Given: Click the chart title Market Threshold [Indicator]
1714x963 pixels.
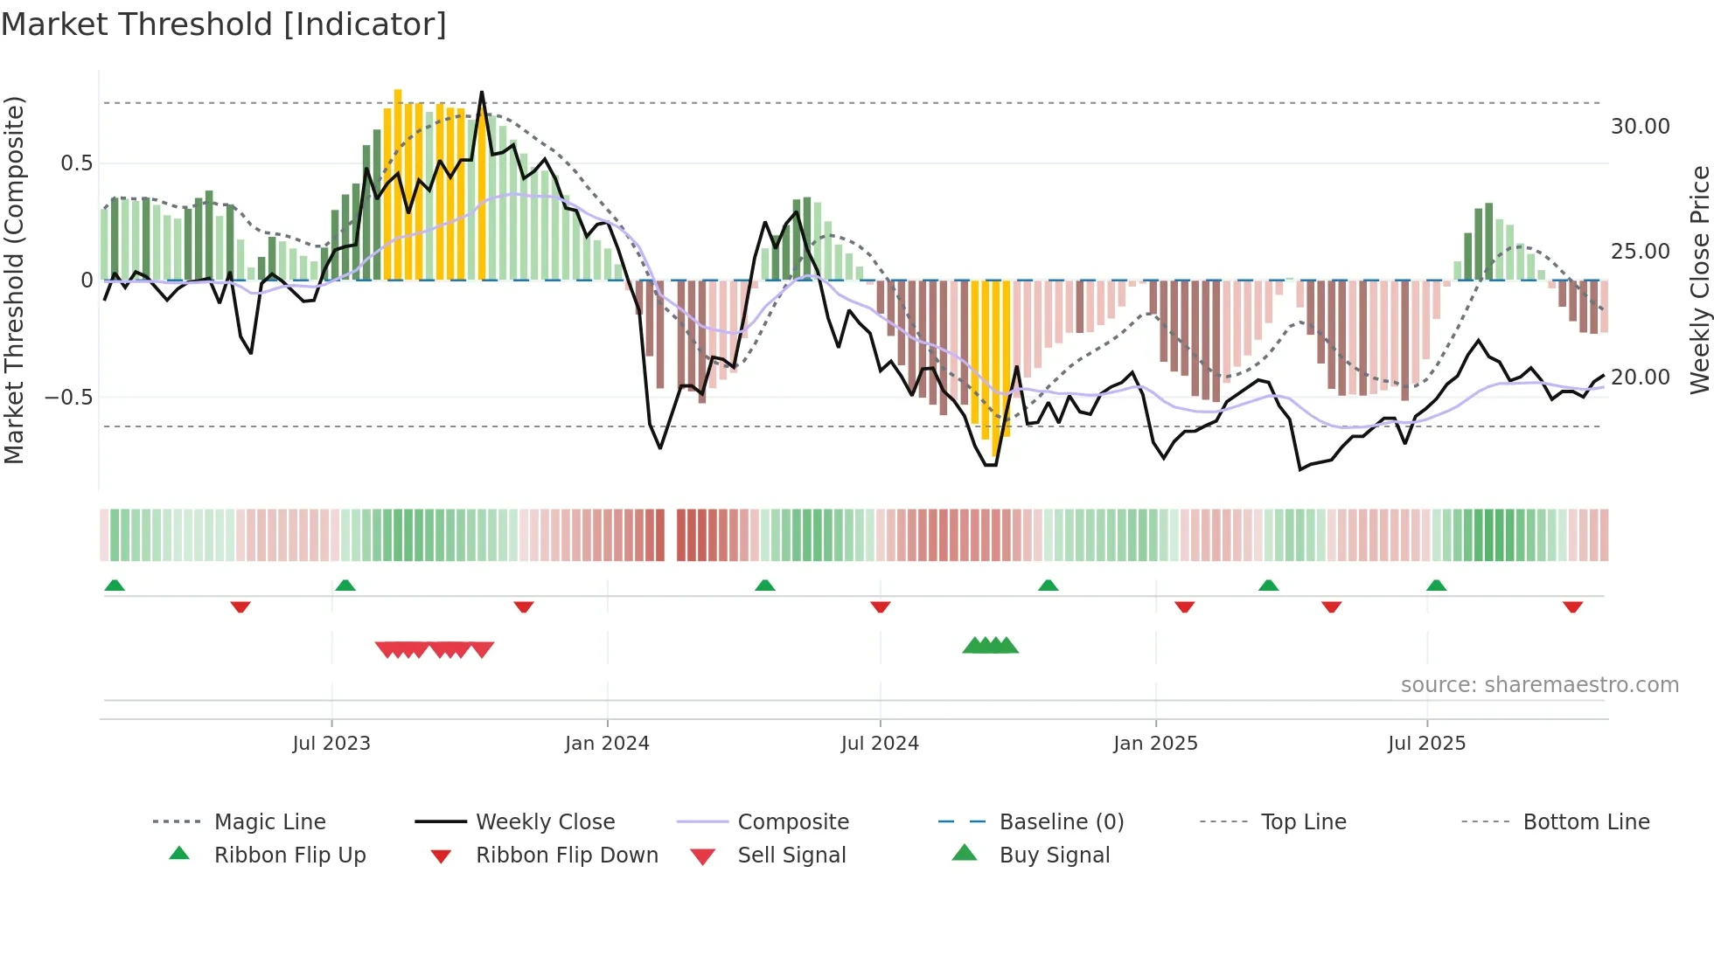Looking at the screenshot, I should (224, 24).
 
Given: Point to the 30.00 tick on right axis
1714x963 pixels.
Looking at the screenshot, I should (1640, 127).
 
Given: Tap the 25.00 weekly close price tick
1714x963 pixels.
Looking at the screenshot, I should (1640, 252).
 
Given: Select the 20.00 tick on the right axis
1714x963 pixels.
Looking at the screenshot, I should (1640, 378).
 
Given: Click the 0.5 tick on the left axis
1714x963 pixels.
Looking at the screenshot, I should (76, 163).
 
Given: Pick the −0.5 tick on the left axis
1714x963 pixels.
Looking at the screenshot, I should (68, 398).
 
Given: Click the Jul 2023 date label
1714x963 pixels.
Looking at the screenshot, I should (331, 744).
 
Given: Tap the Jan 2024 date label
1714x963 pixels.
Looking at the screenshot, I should (607, 744).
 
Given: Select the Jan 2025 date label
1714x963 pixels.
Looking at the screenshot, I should (1155, 744).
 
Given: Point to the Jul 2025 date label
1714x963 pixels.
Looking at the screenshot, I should (1426, 744).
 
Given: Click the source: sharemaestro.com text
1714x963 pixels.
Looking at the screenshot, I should (1539, 685).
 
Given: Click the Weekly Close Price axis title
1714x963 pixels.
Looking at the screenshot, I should (1699, 280).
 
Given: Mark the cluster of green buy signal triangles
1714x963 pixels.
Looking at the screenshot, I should (991, 646).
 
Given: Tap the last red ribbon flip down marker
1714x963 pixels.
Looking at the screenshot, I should (1572, 606).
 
